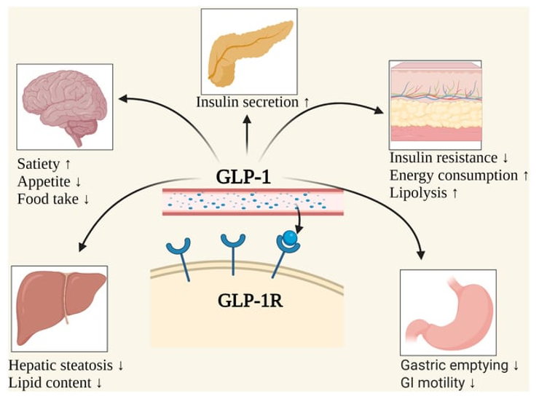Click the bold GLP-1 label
click(243, 177)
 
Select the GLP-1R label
click(251, 301)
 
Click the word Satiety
click(39, 165)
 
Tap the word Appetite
click(44, 182)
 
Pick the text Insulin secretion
click(247, 102)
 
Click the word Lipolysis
click(418, 193)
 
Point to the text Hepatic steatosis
click(60, 366)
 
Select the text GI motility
click(433, 383)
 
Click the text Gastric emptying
click(454, 366)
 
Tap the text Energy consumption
click(453, 175)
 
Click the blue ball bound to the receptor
click(290, 237)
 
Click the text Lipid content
click(50, 383)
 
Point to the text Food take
click(48, 199)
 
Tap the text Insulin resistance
click(444, 158)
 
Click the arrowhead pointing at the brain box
click(122, 98)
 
